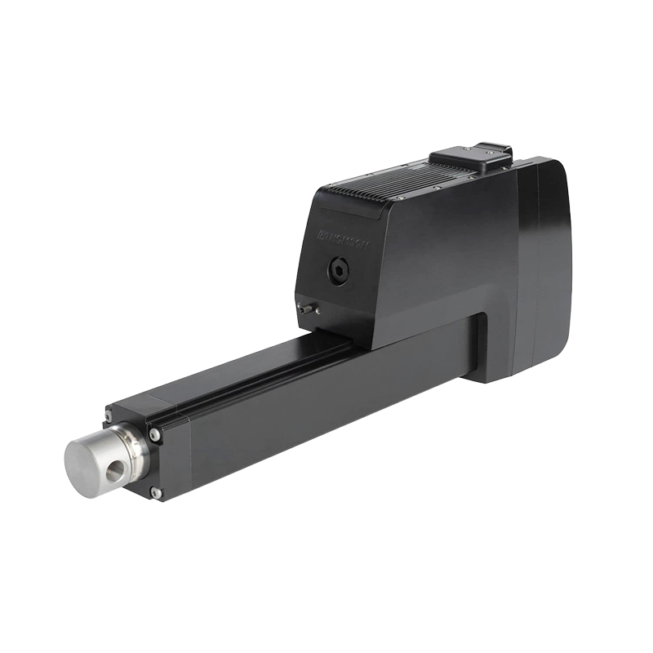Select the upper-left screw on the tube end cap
(109, 417)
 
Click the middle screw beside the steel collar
(154, 436)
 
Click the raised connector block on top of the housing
(471, 157)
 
